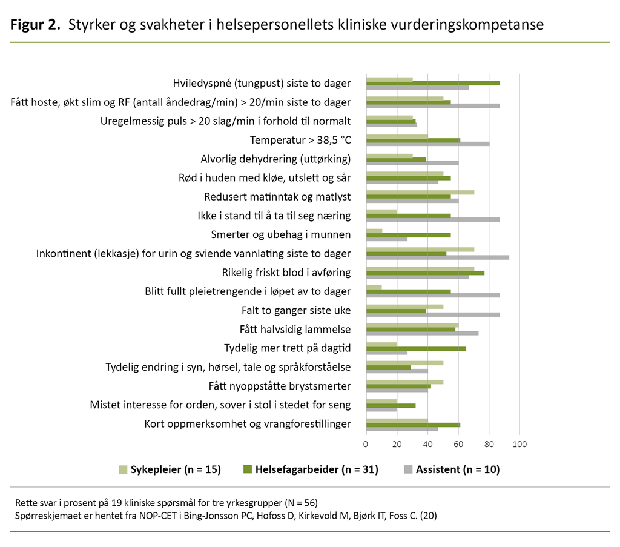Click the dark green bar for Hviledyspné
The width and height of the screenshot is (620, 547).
click(433, 83)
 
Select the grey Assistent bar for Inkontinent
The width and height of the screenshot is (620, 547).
click(437, 257)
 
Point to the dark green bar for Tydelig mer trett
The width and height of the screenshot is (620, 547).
click(416, 348)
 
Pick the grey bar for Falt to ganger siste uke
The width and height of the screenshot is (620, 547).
click(433, 314)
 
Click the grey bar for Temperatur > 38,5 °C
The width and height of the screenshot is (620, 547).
click(427, 144)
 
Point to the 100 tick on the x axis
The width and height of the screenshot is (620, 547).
click(519, 445)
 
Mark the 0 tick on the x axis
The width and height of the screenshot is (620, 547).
click(366, 445)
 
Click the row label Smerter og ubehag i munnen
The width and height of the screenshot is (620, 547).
click(280, 234)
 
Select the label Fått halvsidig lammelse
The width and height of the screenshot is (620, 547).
click(295, 330)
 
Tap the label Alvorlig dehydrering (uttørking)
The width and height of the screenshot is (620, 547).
click(275, 159)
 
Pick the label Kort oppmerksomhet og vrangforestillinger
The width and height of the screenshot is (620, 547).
click(247, 424)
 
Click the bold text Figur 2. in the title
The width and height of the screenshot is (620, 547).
click(35, 25)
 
